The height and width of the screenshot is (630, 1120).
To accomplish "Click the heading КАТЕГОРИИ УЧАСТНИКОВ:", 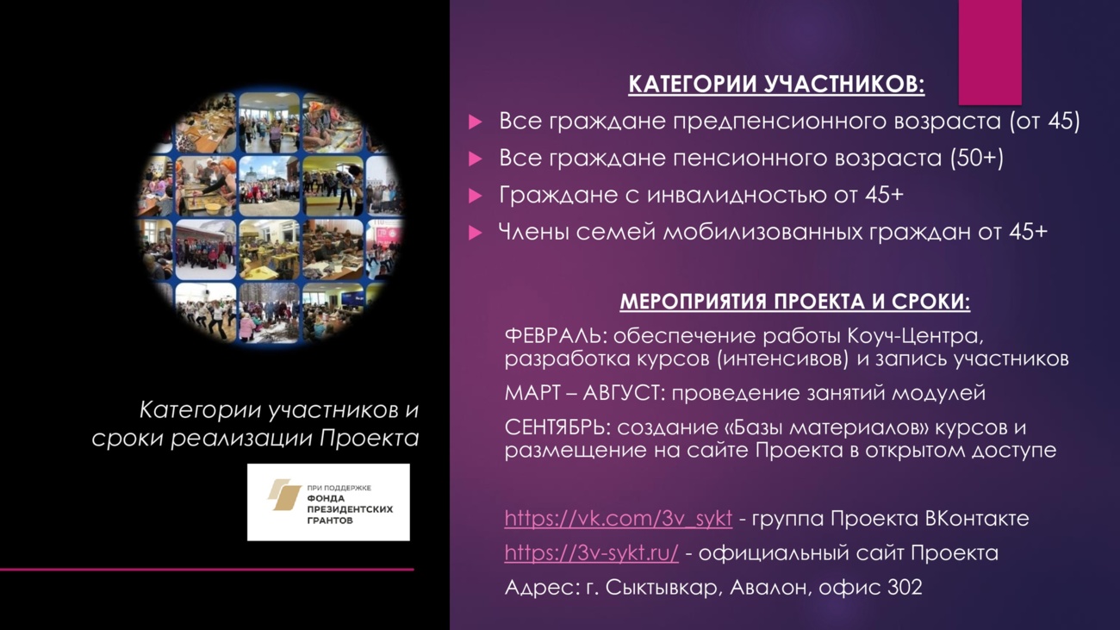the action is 776,84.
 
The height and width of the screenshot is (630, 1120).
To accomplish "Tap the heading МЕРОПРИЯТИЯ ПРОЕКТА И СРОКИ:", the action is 795,302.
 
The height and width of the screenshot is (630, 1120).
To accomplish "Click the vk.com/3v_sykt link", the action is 618,518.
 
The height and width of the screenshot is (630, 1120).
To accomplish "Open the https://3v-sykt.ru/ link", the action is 592,552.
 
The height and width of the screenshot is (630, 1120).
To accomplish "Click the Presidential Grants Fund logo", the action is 328,502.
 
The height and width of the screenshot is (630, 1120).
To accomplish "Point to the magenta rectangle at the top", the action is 990,52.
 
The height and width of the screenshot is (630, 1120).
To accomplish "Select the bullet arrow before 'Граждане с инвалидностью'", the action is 475,196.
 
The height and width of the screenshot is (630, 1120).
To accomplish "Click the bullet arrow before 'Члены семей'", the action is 475,233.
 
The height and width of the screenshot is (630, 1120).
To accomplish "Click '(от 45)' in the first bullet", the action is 1044,122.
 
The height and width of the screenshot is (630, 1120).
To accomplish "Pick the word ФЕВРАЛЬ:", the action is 556,336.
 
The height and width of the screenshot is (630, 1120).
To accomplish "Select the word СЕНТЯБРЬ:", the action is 558,428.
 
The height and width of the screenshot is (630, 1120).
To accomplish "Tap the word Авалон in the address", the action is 771,588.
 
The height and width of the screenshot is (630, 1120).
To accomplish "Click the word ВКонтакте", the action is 977,519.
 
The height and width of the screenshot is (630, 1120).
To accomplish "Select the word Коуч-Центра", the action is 915,336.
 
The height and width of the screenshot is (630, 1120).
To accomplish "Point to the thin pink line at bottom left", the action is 207,569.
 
